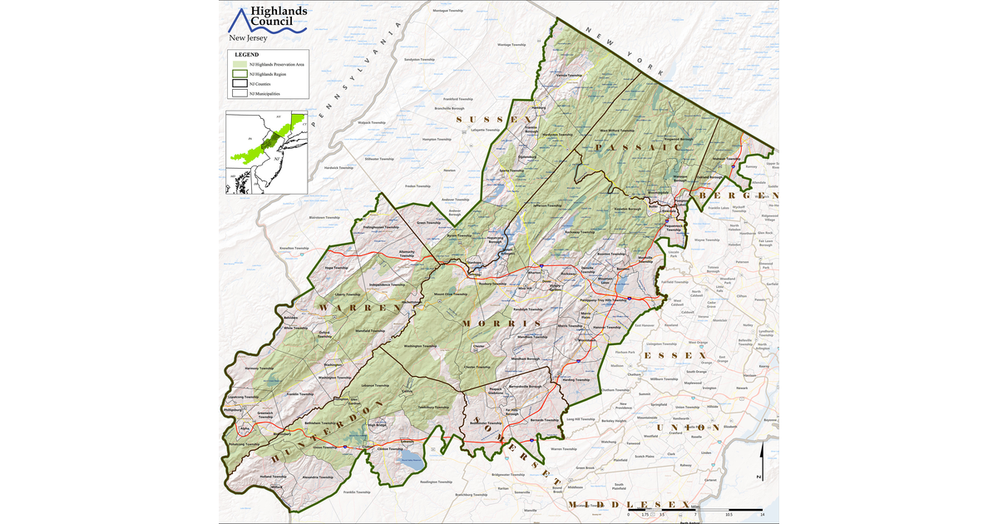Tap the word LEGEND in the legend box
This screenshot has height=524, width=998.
pyautogui.click(x=246, y=54)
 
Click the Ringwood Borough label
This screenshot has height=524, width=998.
pyautogui.click(x=675, y=139)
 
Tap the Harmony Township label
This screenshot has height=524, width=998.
pyautogui.click(x=259, y=368)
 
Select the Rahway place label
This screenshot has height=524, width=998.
pyautogui.click(x=684, y=465)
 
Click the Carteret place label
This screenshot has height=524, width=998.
pyautogui.click(x=709, y=480)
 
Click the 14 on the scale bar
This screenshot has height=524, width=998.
pyautogui.click(x=762, y=515)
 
